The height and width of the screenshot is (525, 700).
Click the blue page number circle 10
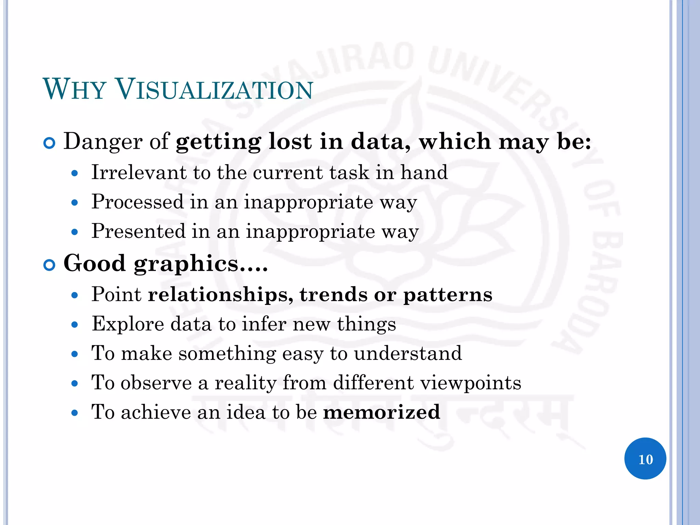[x=645, y=459]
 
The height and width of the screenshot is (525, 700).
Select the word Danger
[x=103, y=142]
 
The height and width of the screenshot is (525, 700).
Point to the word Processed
[x=137, y=202]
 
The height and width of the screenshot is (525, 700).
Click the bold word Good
[x=95, y=263]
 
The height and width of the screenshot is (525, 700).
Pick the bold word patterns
[x=448, y=295]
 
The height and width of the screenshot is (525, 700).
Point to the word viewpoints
[x=471, y=383]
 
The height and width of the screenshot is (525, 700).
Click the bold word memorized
[x=381, y=412]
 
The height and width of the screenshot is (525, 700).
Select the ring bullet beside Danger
[x=50, y=143]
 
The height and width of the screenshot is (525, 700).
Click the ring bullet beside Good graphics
[x=50, y=265]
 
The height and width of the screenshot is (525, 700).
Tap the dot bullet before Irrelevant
[x=75, y=174]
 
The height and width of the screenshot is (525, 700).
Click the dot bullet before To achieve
[x=75, y=413]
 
